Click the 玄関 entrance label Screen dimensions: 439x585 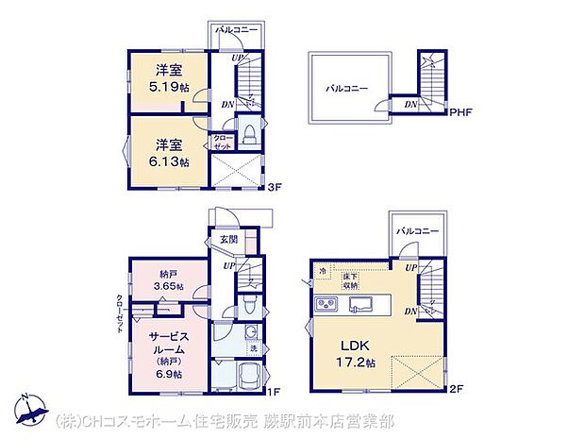coord(229,240)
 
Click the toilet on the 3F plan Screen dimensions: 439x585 coord(248,133)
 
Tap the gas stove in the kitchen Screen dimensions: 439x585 coord(326,305)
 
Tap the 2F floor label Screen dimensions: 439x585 coord(457,389)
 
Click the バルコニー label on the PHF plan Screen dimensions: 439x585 coord(348,88)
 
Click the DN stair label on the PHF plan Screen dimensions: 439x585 coord(409,104)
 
